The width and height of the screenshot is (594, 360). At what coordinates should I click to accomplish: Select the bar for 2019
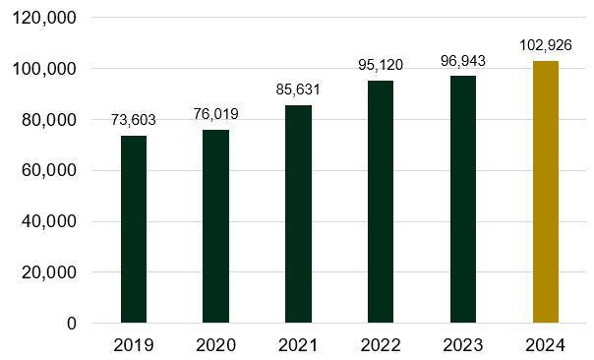(134, 229)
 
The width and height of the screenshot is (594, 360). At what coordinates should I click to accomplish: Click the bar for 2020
(215, 226)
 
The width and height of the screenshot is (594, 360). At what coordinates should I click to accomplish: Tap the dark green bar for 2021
(298, 213)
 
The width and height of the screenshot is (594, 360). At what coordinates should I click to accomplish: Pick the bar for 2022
(381, 202)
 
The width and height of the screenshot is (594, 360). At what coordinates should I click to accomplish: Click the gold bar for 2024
(546, 192)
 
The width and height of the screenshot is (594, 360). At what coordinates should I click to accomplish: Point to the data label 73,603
(134, 120)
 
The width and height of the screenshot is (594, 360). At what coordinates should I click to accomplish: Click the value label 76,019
(215, 114)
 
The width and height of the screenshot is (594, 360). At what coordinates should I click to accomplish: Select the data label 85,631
(298, 90)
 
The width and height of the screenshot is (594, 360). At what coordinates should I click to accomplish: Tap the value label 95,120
(381, 65)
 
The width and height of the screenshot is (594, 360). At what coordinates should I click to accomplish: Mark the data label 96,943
(463, 61)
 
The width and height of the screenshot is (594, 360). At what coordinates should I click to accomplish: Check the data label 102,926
(546, 45)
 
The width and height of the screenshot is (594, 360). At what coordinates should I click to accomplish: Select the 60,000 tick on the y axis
(46, 170)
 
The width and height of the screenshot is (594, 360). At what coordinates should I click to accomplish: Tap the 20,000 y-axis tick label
(46, 272)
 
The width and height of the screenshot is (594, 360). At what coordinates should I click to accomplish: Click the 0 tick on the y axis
(71, 323)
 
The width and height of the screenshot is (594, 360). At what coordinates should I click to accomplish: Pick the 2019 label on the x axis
(134, 345)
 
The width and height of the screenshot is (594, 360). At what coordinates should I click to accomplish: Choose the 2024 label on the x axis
(546, 345)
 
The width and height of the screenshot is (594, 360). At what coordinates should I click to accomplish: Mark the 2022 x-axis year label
(381, 345)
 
